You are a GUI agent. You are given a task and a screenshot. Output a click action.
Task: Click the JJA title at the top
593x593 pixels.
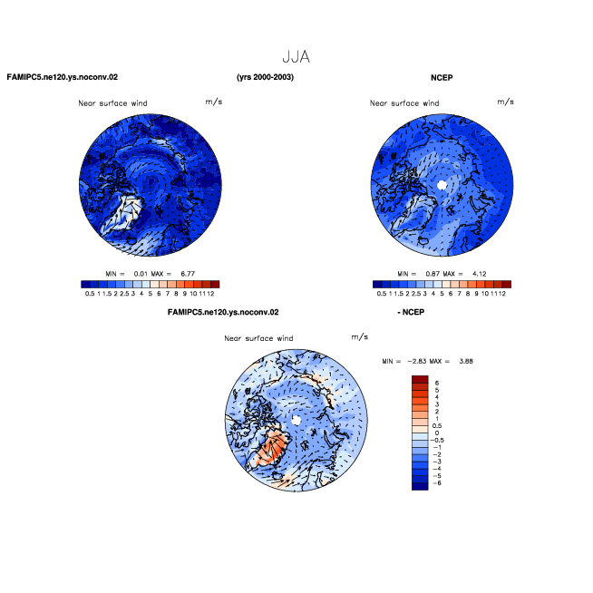tap(296, 57)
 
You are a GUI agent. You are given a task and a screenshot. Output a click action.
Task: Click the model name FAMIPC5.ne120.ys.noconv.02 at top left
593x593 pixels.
tap(63, 77)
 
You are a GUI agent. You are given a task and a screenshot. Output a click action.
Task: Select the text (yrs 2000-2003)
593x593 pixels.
tap(265, 77)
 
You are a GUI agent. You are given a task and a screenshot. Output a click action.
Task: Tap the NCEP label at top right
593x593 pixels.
tap(442, 78)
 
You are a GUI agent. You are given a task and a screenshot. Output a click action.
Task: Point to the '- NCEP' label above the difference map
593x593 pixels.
tap(411, 312)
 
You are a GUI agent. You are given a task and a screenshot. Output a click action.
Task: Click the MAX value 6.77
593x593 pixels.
tap(188, 274)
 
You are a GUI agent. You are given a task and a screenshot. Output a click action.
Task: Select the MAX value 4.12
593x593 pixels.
tap(480, 274)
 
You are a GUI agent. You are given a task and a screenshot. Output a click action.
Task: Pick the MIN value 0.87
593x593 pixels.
tap(433, 274)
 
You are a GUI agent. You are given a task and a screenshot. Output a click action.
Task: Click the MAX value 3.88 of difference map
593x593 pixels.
tap(466, 361)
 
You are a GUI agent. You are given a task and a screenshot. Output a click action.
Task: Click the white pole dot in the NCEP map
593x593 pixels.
tap(442, 185)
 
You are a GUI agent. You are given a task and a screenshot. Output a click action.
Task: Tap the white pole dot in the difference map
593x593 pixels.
tap(296, 420)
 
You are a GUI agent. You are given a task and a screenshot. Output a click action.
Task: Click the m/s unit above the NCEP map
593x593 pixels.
tap(505, 102)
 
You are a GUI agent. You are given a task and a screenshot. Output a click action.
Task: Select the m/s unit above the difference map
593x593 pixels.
tap(360, 336)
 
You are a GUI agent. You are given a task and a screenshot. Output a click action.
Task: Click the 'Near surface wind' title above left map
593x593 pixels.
tap(112, 103)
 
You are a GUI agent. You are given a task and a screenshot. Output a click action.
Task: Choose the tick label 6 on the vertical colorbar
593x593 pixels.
tap(437, 384)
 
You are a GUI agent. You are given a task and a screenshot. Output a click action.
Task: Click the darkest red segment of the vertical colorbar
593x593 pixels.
tap(420, 379)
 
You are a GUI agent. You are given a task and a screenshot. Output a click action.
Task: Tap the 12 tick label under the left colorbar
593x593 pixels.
tap(210, 294)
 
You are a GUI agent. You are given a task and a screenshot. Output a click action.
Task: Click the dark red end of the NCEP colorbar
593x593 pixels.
tap(507, 285)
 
